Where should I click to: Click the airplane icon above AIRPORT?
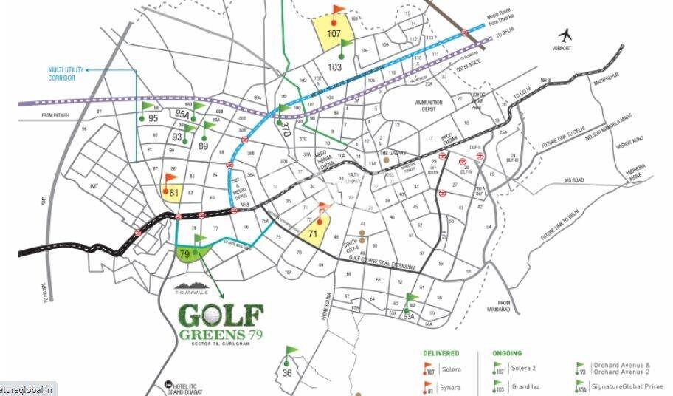567,35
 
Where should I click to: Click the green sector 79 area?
188,255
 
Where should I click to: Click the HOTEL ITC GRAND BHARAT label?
194,387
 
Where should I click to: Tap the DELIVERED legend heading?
441,353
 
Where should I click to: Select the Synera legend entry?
450,388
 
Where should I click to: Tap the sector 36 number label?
287,373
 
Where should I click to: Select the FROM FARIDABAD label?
505,306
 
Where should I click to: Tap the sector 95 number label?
153,118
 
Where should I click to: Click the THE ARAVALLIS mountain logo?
194,286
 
